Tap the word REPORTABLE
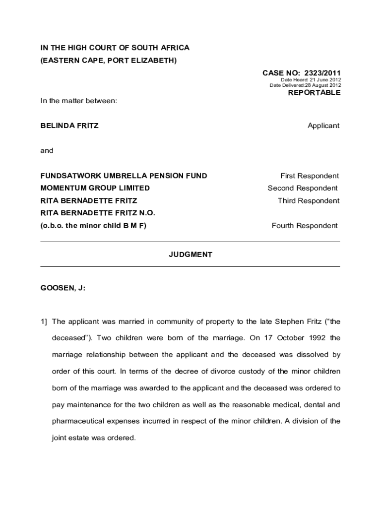click(315, 93)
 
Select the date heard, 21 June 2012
click(325, 80)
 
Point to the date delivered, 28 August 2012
click(323, 85)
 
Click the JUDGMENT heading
click(191, 254)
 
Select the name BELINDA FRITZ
click(69, 126)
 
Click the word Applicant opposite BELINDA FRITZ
click(323, 126)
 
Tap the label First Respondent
click(310, 176)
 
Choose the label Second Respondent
click(303, 188)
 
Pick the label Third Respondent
click(309, 201)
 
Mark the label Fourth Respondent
click(305, 226)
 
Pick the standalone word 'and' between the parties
click(47, 150)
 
